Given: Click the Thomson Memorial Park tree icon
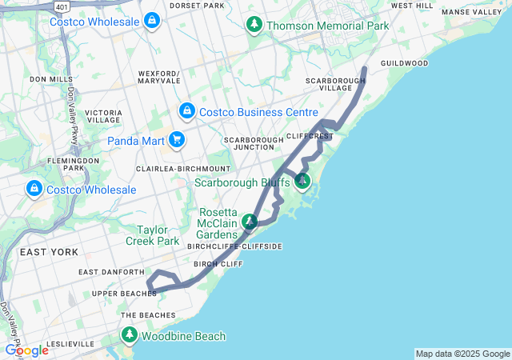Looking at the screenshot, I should pos(254,26).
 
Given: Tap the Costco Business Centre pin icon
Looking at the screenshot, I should pos(186,110).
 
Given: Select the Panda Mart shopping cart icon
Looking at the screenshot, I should pos(177,142).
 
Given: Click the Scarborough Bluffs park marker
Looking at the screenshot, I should pos(302,182).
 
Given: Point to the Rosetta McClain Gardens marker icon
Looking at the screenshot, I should pos(250,222).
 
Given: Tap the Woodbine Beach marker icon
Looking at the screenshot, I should pos(130,337).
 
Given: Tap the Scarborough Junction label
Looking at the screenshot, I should pos(254,143).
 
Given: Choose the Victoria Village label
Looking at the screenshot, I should pos(103,116).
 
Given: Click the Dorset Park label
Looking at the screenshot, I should pos(197,6).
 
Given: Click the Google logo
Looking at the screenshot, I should pos(26,350).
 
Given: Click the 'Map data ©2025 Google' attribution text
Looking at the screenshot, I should pos(462,354).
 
